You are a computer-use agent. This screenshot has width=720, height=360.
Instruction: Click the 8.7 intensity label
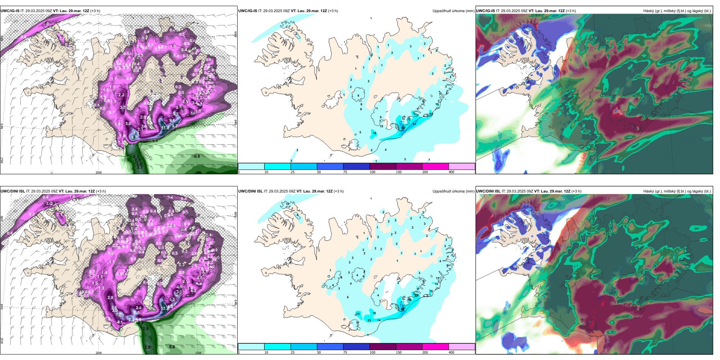[x=134, y=137]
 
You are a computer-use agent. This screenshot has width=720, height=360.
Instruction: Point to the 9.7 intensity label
[x=175, y=126]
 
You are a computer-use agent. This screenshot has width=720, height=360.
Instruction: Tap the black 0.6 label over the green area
[x=197, y=156]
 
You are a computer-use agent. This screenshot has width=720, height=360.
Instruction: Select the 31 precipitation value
[x=414, y=124]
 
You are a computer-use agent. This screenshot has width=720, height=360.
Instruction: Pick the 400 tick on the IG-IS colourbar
[x=451, y=172]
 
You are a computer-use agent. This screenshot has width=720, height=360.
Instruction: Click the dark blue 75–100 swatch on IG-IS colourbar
[x=356, y=166]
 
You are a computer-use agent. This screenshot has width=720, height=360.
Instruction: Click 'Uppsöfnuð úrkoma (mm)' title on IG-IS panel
[x=453, y=11]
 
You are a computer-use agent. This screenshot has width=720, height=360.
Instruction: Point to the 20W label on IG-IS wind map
[x=99, y=172]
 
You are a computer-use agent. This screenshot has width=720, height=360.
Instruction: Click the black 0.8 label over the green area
[x=172, y=347]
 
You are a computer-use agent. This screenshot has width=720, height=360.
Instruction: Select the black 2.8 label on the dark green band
[x=147, y=347]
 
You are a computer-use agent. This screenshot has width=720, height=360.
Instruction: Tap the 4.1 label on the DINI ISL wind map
[x=120, y=322]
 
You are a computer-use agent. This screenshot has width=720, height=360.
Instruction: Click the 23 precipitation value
[x=369, y=320]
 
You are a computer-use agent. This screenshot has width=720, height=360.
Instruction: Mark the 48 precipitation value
[x=402, y=310]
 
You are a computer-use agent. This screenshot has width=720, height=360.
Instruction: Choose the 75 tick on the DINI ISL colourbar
[x=345, y=352]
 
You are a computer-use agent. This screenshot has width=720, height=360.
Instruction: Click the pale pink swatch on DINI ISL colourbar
[x=462, y=347]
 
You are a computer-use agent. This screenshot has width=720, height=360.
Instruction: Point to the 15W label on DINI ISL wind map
[x=198, y=353]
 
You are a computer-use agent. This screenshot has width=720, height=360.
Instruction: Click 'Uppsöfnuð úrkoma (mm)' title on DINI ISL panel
[x=453, y=191]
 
